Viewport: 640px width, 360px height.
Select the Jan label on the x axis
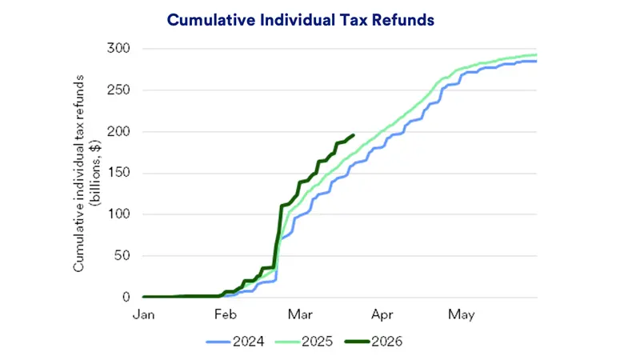(x=143, y=314)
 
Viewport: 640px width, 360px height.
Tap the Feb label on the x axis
(x=226, y=314)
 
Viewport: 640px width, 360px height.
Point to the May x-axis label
(x=462, y=314)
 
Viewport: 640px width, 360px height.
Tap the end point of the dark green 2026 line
(x=354, y=135)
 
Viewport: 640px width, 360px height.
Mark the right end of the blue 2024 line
(x=536, y=62)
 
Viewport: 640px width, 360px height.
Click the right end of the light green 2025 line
(x=536, y=55)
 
